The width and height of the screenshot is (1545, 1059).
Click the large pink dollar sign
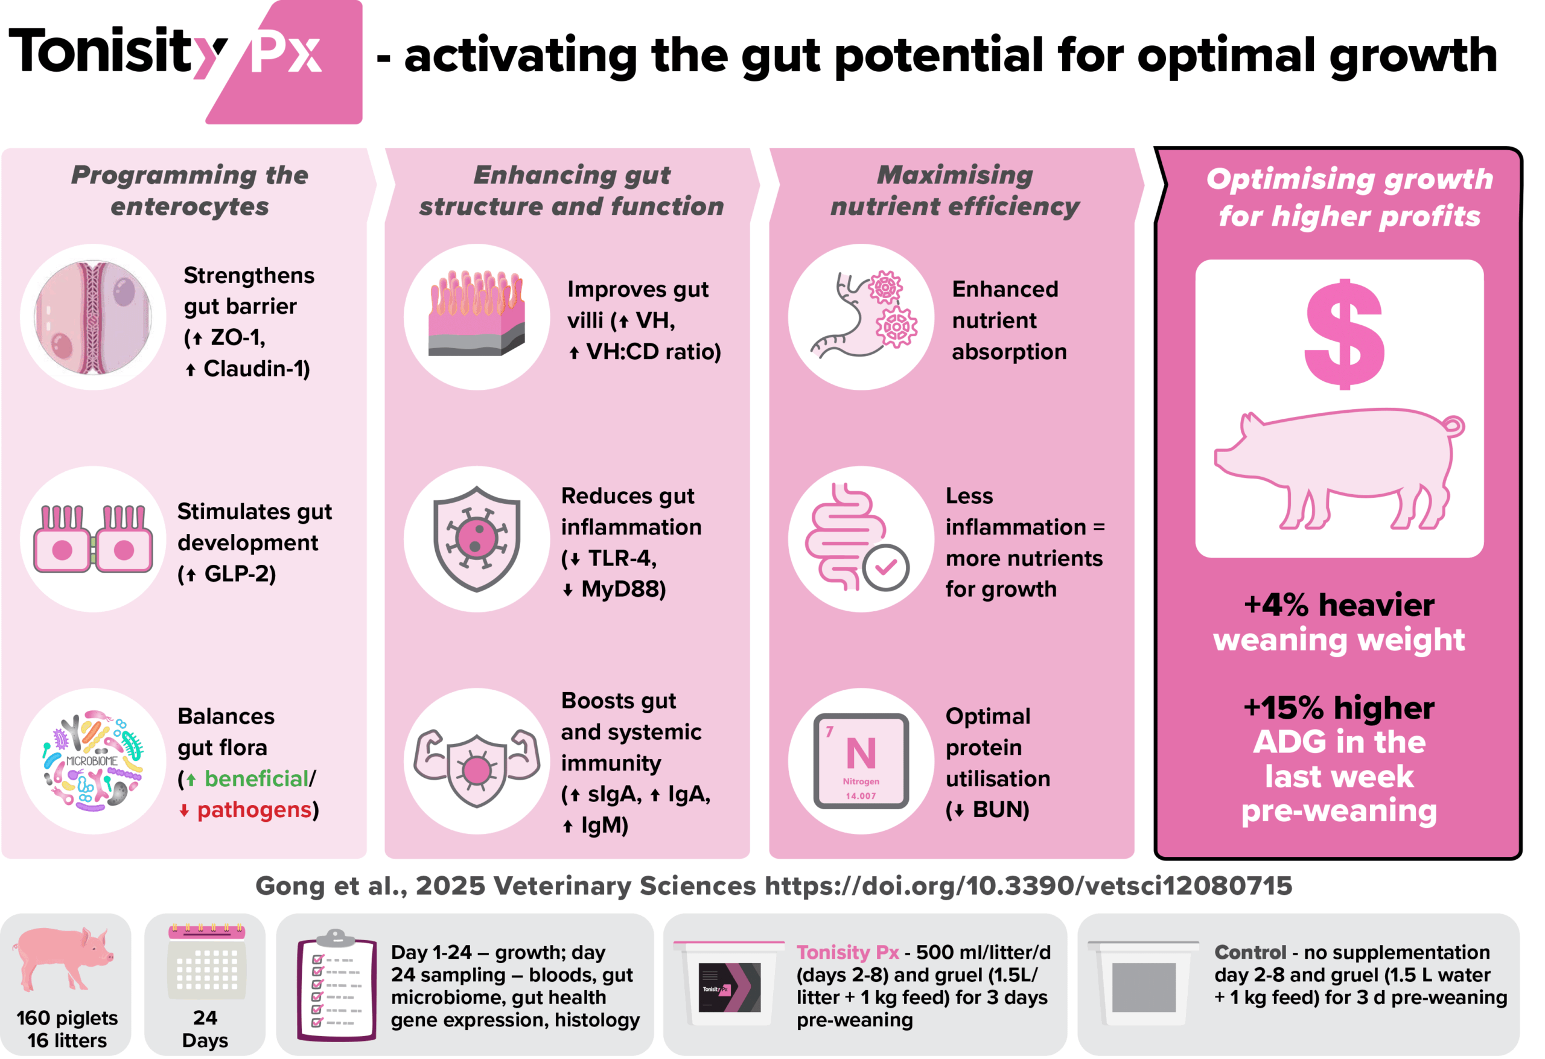(1343, 334)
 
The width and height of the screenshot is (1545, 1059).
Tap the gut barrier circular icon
(93, 317)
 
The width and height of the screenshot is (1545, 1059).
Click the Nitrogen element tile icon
(861, 761)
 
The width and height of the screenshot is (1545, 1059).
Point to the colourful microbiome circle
(93, 761)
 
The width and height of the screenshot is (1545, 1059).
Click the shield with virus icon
(477, 538)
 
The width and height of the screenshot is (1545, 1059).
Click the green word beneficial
(256, 778)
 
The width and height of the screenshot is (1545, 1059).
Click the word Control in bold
(1250, 952)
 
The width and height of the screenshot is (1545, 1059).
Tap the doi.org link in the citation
(1028, 885)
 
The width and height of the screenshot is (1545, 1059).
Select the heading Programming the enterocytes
(190, 191)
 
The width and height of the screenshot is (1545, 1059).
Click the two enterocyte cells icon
(93, 538)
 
